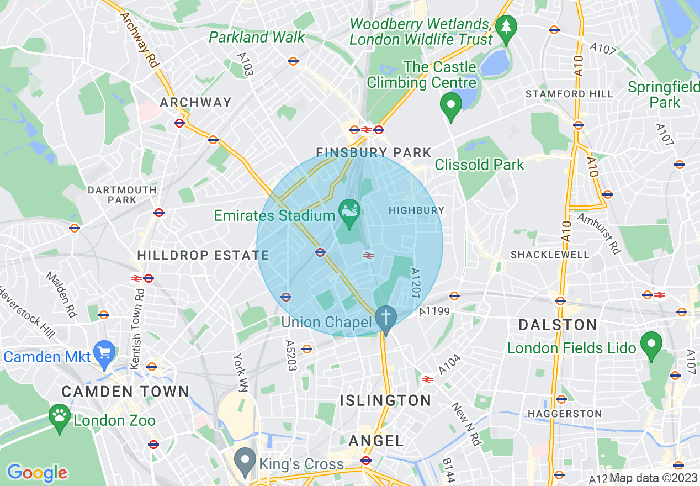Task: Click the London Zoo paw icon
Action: tap(59, 415)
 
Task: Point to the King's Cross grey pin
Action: tap(245, 460)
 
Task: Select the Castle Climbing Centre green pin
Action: tap(451, 104)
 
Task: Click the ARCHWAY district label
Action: tap(195, 103)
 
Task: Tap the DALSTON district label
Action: tap(558, 325)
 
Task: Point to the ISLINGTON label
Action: tap(385, 400)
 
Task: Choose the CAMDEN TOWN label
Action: tap(125, 392)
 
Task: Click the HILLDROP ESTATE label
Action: tap(203, 255)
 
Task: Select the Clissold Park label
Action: tap(479, 165)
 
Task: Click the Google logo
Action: tap(37, 473)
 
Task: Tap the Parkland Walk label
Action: tap(257, 38)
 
